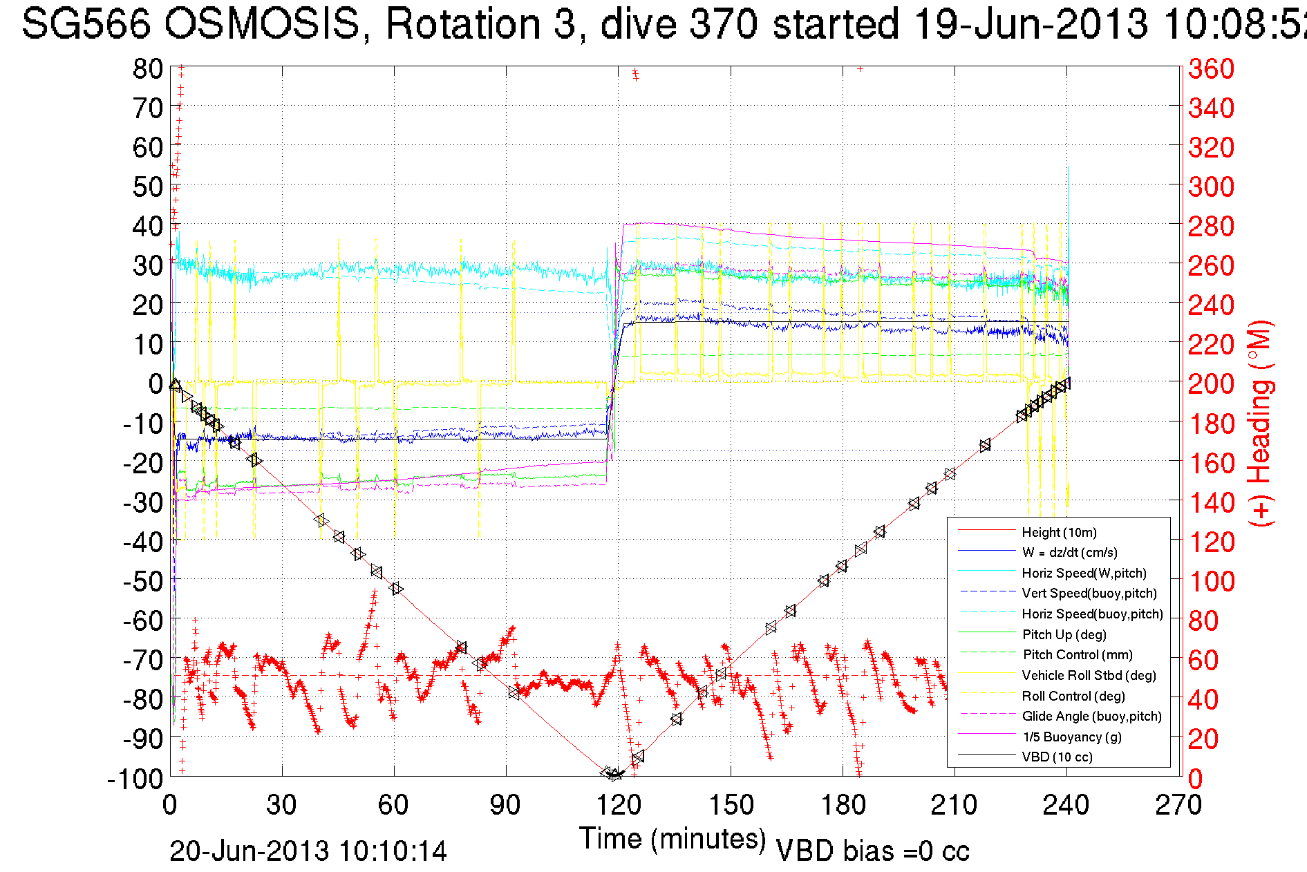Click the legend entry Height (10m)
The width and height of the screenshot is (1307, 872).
(x=1059, y=532)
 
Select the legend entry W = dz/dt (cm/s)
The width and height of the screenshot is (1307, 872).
(x=1069, y=552)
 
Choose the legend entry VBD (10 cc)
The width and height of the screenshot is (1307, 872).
(x=1057, y=757)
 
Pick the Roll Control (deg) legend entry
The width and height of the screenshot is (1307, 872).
(x=1073, y=696)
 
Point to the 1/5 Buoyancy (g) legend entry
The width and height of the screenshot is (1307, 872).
(x=1071, y=737)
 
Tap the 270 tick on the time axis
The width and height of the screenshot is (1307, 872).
(x=1178, y=805)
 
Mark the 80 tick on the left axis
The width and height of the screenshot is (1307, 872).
(x=147, y=68)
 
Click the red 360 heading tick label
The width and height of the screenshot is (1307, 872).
(x=1211, y=68)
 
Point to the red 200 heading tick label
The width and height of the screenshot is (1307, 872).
(x=1211, y=383)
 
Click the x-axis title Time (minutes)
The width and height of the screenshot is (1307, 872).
(x=673, y=838)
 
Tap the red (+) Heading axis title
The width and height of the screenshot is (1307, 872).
(x=1260, y=423)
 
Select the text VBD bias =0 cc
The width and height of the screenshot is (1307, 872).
(x=872, y=851)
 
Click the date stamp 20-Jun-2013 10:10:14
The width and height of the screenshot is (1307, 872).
(x=308, y=851)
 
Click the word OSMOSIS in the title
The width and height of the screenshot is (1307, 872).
(x=262, y=24)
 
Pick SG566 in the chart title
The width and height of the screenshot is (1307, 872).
(x=86, y=24)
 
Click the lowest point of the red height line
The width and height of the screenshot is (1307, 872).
(x=614, y=776)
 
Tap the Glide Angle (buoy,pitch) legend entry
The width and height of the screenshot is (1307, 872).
(x=1092, y=716)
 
